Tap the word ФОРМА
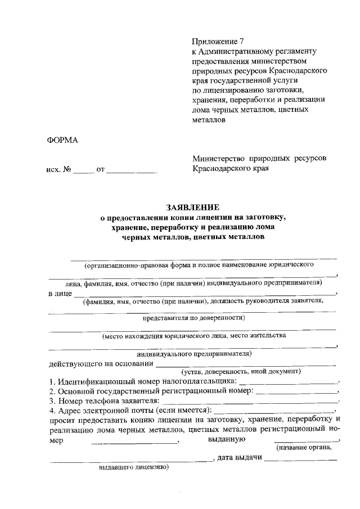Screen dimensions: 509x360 pos(62,141)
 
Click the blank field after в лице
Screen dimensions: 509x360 pos(205,294)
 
